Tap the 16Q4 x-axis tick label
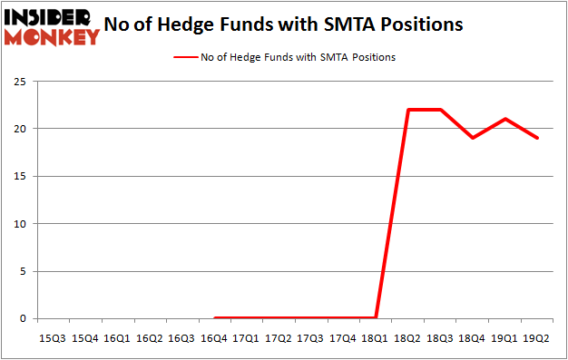214,338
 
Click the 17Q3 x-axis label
311,338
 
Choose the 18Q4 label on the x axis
473,338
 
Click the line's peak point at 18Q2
408,110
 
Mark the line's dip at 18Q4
473,138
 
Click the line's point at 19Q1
505,119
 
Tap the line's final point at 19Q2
538,138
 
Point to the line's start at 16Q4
214,317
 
